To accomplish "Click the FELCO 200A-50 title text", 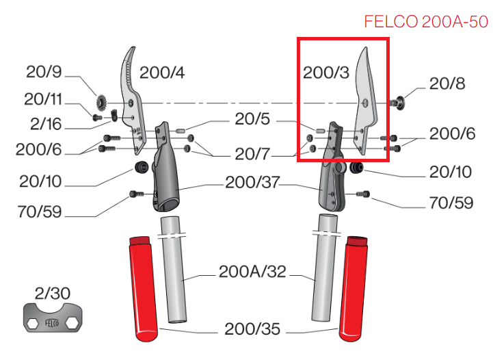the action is click(x=426, y=22).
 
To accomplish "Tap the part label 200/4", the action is click(x=162, y=73).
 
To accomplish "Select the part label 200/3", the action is click(x=326, y=73).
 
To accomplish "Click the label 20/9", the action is click(x=44, y=72).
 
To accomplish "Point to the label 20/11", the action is click(x=43, y=99).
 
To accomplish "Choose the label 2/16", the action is click(x=46, y=124).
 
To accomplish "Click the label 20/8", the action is click(x=447, y=83).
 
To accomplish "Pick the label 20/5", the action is click(x=252, y=119).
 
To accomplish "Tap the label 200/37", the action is click(x=252, y=182).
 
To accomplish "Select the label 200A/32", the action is click(x=252, y=271).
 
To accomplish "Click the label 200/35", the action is click(x=252, y=329).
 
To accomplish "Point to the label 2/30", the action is click(x=52, y=294).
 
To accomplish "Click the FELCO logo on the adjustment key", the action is click(x=52, y=323).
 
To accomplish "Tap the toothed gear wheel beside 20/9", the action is click(x=101, y=103).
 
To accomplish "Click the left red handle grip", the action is click(x=143, y=289).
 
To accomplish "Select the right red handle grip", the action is click(x=354, y=289).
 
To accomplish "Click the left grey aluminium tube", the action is click(x=174, y=269).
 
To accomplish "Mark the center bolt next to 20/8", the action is click(x=397, y=103).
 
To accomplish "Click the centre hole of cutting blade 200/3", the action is click(x=365, y=103).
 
